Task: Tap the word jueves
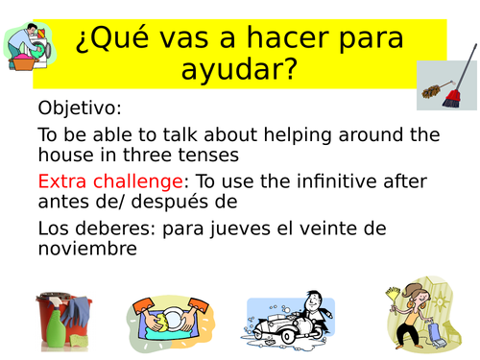coord(288,228)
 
